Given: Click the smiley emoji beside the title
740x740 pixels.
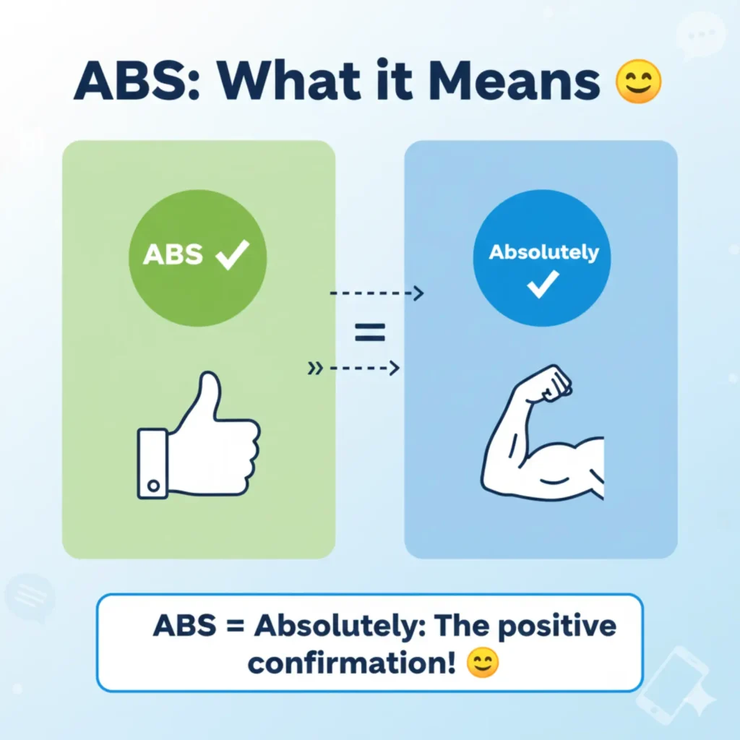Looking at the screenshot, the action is click(x=639, y=81).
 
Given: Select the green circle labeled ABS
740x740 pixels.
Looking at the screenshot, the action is click(x=198, y=258).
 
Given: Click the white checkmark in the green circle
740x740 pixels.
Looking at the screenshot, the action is click(x=232, y=254).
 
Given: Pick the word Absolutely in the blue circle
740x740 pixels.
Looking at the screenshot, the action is click(x=543, y=252).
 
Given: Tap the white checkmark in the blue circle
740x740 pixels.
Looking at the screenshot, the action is click(x=543, y=284).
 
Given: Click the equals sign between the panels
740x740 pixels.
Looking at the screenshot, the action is click(x=370, y=332).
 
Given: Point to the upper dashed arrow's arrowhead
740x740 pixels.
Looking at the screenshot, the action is click(x=418, y=293).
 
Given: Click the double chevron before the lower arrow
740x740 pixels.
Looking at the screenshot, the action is click(x=315, y=368).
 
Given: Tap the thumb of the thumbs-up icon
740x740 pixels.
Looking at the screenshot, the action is click(x=207, y=397).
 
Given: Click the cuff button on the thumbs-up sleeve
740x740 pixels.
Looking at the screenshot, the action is click(x=153, y=485).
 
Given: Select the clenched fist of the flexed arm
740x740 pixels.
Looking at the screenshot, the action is click(x=553, y=382).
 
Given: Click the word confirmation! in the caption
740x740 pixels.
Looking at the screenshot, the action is click(x=352, y=663).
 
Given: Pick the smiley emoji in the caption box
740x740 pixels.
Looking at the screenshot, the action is click(x=482, y=663).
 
